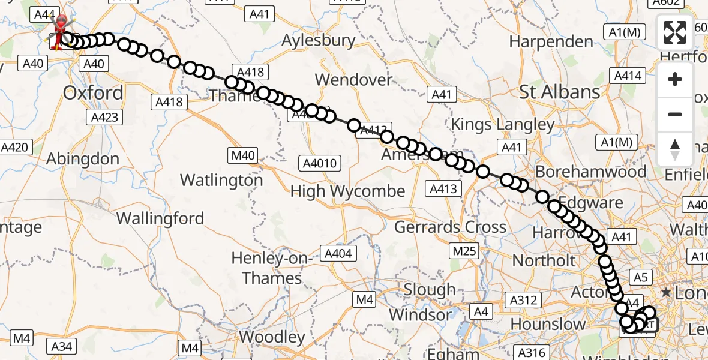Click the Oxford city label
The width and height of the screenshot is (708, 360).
93,93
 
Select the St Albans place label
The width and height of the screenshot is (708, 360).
559,92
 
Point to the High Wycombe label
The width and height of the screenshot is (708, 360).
347,191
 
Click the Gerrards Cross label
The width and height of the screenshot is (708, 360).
450,227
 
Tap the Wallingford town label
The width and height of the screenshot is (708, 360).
160,218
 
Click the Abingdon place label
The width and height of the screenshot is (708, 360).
83,159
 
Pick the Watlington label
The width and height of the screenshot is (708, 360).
221,180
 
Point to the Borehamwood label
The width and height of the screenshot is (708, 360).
590,172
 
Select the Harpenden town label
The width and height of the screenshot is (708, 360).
551,42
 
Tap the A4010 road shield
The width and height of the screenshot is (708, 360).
320,163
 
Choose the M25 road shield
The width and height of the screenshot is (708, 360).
463,250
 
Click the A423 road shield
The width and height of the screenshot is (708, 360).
103,118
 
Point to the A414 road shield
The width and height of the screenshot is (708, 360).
628,76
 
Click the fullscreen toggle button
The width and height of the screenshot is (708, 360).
675,32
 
